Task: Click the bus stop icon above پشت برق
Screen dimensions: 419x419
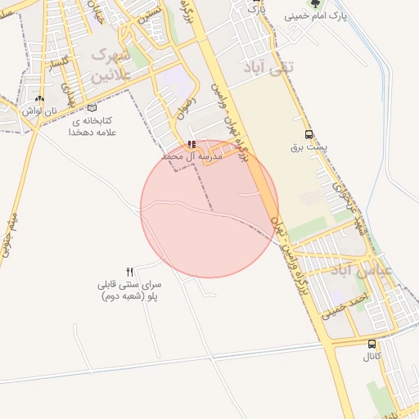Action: (x=309, y=134)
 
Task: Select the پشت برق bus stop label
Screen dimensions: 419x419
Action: (x=309, y=148)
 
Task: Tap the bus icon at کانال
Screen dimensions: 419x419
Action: (x=372, y=345)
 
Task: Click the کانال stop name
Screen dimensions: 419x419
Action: (x=372, y=358)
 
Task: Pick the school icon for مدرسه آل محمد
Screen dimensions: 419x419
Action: (x=191, y=143)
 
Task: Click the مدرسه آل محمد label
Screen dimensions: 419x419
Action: (x=191, y=155)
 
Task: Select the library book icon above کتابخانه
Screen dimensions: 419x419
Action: (x=92, y=108)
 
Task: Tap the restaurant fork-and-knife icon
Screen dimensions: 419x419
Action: (x=129, y=272)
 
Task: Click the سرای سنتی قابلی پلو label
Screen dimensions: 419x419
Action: (x=129, y=291)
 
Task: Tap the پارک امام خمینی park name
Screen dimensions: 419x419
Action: (x=316, y=16)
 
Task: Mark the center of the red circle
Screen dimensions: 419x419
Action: (x=209, y=209)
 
